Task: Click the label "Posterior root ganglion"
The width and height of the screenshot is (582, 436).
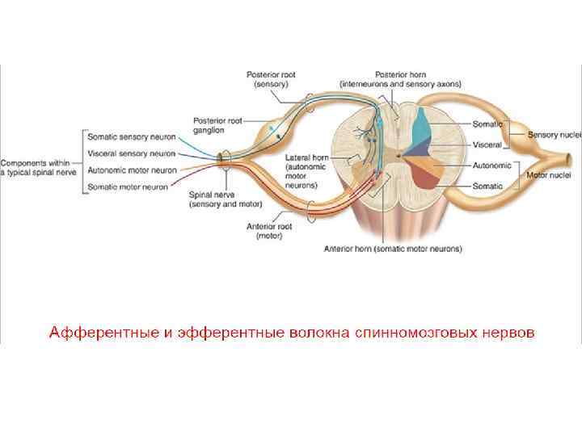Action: tap(217, 125)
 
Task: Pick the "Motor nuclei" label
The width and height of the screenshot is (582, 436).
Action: tap(550, 174)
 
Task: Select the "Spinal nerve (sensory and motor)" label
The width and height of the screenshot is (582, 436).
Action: tap(221, 200)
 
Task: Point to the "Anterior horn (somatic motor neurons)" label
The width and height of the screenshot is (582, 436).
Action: tap(393, 249)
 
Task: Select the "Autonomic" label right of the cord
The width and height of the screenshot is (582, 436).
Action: tap(492, 166)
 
